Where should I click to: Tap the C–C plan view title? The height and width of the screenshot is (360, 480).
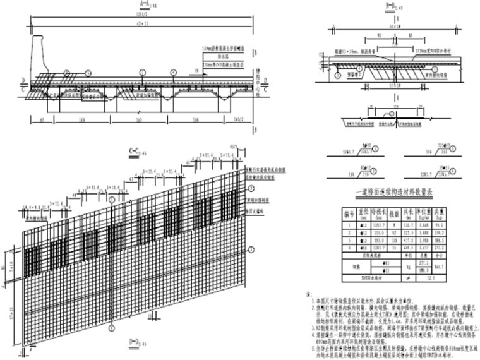point(135,151)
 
